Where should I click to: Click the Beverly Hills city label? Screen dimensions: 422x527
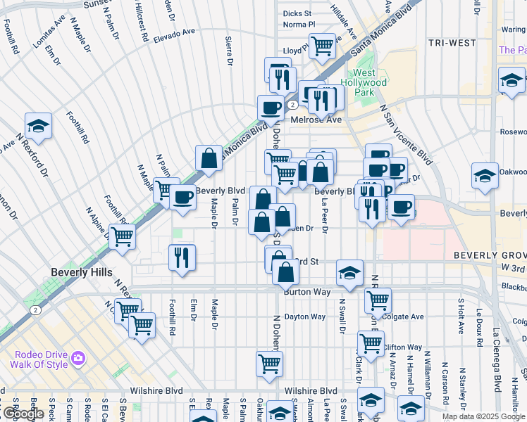pos(78,271)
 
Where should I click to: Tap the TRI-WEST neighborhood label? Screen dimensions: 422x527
pos(452,43)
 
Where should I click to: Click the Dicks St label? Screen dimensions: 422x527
pos(297,13)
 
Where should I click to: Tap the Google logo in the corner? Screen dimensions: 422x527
pos(23,414)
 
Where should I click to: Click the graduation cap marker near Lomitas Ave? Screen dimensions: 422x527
pos(39,127)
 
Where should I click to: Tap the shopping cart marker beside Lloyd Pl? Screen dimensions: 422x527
pos(322,46)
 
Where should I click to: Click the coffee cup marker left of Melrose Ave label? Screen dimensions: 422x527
pos(271,108)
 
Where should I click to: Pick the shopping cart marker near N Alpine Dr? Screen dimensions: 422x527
pos(123,237)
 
